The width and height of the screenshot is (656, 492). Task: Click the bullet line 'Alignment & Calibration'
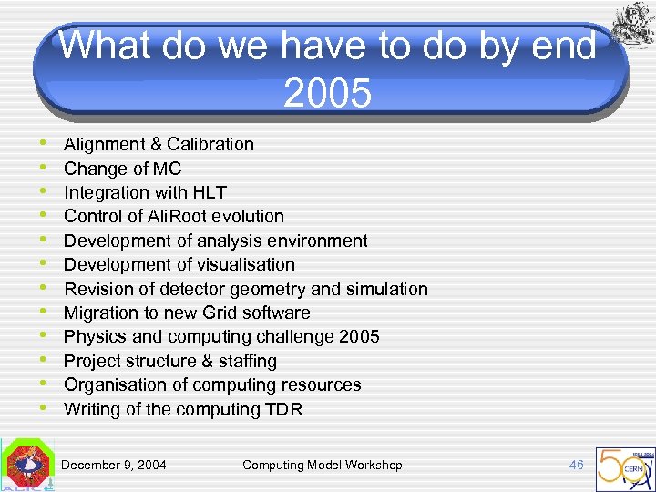pos(159,144)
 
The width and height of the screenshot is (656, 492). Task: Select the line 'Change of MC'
pos(122,169)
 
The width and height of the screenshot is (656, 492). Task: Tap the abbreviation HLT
pos(209,192)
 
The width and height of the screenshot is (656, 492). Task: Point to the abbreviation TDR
pos(283,409)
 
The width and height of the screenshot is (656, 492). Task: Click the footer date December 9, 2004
pos(114,465)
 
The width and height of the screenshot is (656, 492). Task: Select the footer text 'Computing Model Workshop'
pos(322,465)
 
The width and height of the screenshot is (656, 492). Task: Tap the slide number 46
pos(576,465)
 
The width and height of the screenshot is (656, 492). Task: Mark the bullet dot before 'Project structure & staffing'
pos(46,360)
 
